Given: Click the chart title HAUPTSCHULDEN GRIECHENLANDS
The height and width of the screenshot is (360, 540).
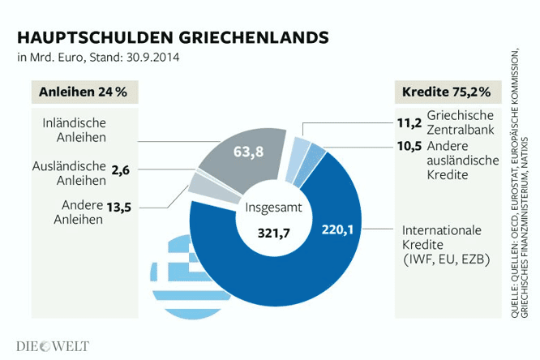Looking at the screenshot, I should pyautogui.click(x=173, y=38).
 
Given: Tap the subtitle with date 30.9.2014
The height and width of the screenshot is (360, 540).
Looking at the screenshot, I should pyautogui.click(x=98, y=58).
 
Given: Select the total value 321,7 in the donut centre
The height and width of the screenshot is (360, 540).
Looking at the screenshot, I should pyautogui.click(x=273, y=234).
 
